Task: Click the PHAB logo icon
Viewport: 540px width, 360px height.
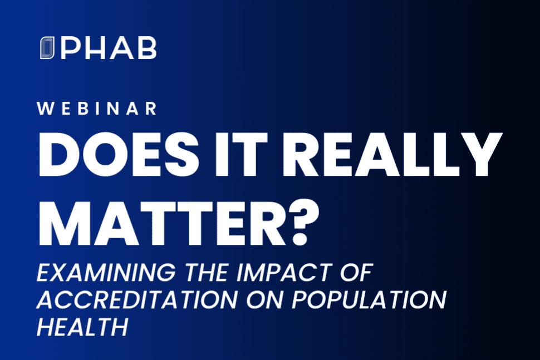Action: point(47,47)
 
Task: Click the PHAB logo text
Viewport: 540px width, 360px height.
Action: point(109,48)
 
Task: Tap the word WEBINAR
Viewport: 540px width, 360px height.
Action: point(97,109)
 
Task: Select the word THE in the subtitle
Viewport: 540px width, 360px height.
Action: point(207,273)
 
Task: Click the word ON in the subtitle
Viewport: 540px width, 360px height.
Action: point(264,299)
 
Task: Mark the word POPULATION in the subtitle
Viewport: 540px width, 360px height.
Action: point(369,299)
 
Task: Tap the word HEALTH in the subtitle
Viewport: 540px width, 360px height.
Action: point(82,327)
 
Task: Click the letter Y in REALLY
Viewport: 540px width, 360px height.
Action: point(480,154)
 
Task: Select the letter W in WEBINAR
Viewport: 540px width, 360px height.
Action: point(46,109)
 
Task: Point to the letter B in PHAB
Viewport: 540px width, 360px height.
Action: point(148,48)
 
